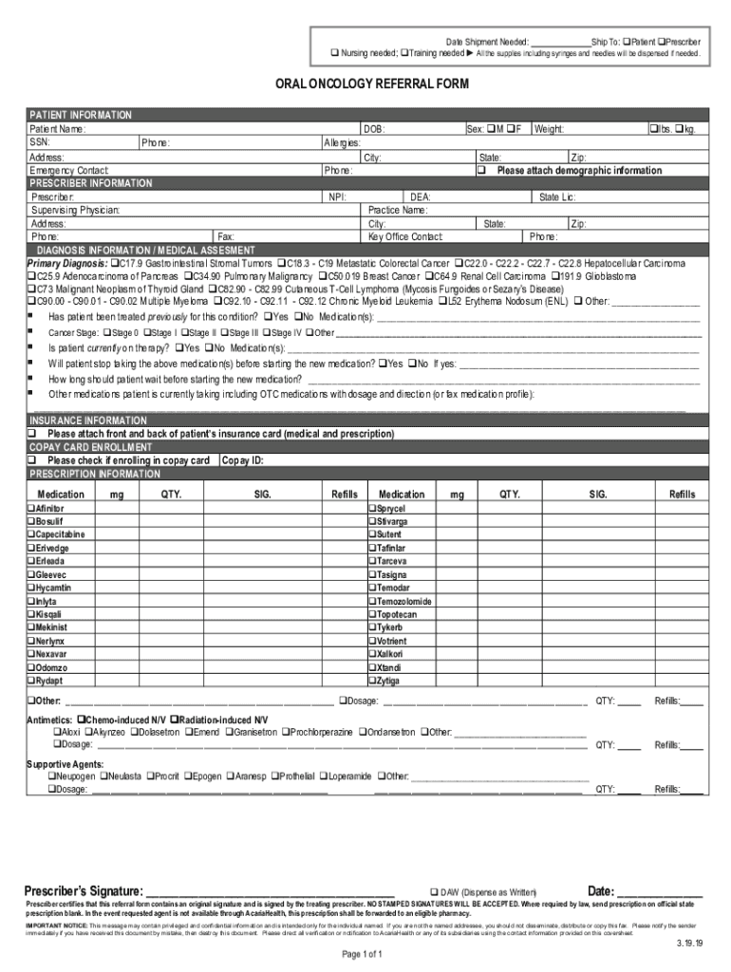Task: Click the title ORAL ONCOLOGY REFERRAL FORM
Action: tap(365, 84)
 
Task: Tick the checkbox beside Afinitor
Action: tap(30, 509)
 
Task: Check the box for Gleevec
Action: tap(30, 575)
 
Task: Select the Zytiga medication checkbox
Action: tap(371, 681)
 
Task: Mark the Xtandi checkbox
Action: tap(371, 667)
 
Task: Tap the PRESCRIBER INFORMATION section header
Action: tap(91, 183)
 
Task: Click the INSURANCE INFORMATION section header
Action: tap(88, 420)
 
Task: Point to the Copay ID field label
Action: tap(242, 460)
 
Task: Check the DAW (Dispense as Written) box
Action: tap(434, 892)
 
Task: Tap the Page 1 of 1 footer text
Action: tap(365, 954)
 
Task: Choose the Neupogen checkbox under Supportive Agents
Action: tap(51, 776)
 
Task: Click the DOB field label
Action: tap(374, 129)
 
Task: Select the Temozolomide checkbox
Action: tap(371, 602)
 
